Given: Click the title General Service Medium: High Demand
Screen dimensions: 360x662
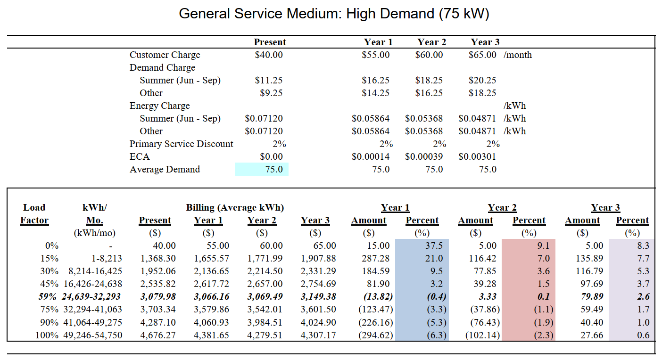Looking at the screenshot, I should (x=334, y=14).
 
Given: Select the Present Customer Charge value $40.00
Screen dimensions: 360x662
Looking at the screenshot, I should (x=269, y=55).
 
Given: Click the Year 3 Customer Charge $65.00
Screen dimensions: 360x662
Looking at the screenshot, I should (x=482, y=55).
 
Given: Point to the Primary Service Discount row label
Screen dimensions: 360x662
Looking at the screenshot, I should (x=181, y=144).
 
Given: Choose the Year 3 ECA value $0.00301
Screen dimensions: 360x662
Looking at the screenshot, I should (x=477, y=156).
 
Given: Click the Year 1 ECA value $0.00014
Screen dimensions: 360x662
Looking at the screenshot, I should (x=371, y=156).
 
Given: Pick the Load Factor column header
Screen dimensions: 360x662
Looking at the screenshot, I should (x=34, y=214).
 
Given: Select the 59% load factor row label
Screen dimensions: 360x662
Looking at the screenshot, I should (x=47, y=296).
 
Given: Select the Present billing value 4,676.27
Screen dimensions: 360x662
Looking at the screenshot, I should (x=155, y=335).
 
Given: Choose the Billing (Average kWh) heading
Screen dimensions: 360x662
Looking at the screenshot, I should (x=235, y=207).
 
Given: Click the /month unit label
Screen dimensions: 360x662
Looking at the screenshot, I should (x=518, y=55).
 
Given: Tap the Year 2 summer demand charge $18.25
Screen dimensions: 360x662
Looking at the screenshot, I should (x=429, y=80).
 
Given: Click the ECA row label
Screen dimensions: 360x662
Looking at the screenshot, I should (x=140, y=156).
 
